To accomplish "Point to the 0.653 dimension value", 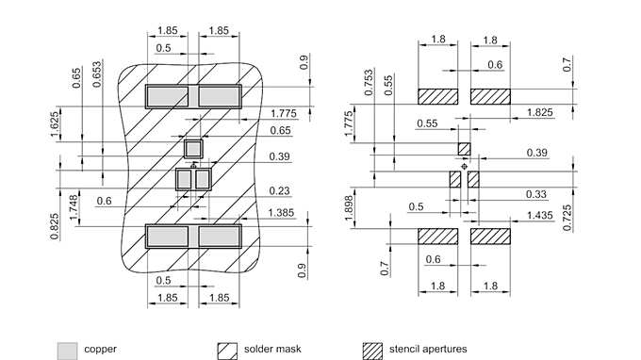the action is click(x=97, y=74).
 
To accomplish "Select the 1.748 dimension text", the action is click(x=74, y=207).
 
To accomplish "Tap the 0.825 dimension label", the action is click(x=55, y=226).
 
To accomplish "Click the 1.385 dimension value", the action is click(x=281, y=212).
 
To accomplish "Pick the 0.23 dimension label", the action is click(x=280, y=190).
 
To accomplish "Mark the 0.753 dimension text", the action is click(x=369, y=83).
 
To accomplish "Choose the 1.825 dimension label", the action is click(x=539, y=112).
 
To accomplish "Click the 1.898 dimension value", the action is click(x=348, y=208).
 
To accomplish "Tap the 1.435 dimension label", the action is click(x=539, y=215).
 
